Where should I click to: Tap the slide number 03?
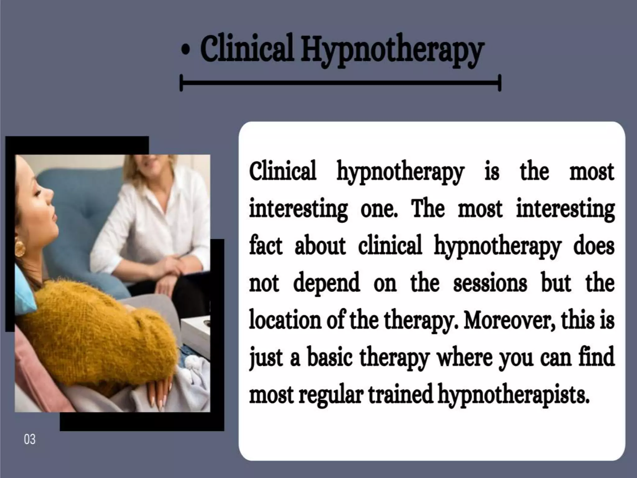(30, 439)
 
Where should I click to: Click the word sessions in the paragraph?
(490, 283)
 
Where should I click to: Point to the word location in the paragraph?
(285, 321)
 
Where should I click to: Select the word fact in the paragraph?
(266, 246)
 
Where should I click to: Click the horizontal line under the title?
(340, 83)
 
